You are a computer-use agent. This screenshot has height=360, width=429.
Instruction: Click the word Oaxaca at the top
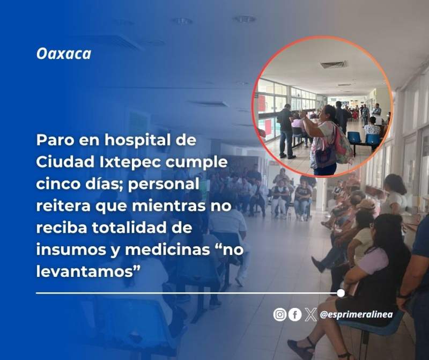64,54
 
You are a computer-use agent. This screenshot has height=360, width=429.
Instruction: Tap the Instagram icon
279,314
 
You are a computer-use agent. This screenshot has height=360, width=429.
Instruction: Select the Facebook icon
295,314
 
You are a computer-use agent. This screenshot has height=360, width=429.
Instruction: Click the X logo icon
310,314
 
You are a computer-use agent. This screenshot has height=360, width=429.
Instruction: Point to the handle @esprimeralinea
356,314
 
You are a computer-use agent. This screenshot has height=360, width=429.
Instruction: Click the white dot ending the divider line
341,293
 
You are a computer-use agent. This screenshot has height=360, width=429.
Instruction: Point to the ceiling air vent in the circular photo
334,64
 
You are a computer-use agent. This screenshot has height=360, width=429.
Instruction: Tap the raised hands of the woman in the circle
303,114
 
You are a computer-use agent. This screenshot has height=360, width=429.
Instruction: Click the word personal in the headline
164,185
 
